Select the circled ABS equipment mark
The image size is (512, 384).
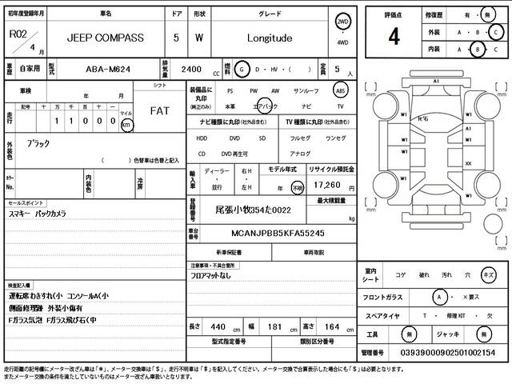(x=340, y=91)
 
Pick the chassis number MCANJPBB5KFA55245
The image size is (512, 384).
(x=266, y=232)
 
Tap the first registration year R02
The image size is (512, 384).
(x=17, y=33)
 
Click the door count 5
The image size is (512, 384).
(x=176, y=37)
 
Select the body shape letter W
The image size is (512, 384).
(x=199, y=37)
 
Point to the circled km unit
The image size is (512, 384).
(x=126, y=126)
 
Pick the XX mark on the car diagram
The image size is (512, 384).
(x=468, y=163)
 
